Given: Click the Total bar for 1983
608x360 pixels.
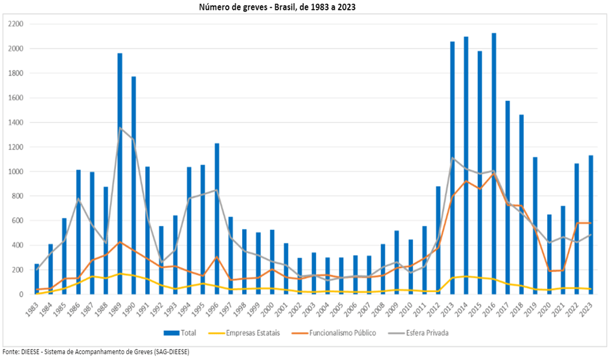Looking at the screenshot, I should coord(37,279).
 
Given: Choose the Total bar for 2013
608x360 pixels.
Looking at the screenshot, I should coord(453,168).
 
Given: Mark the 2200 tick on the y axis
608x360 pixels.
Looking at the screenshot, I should coord(16,24).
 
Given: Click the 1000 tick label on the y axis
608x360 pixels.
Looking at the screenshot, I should coord(16,172).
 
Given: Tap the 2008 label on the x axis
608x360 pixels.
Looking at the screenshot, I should coord(384,309).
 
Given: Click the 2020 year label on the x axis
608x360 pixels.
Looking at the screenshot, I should coord(550,309).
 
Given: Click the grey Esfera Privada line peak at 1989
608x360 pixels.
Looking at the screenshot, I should coord(120,128).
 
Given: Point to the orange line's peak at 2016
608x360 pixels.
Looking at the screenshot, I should coord(494,174).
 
